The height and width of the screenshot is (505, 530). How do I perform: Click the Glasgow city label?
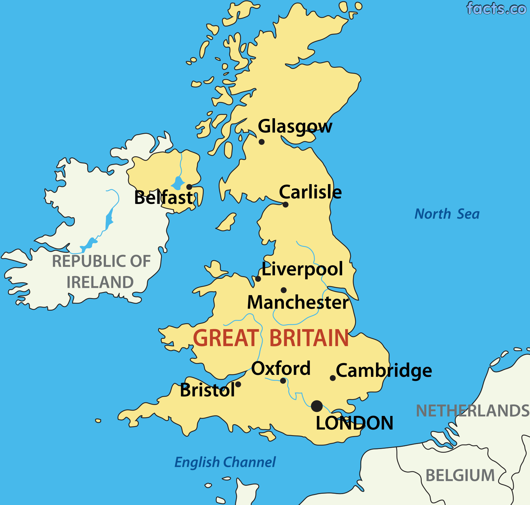295,126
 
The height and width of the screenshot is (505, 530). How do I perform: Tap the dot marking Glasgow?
261,142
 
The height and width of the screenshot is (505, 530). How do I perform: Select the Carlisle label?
310,192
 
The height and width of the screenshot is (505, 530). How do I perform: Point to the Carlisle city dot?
286,205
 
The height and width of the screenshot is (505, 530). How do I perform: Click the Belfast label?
164,198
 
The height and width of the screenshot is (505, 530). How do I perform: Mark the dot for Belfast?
189,187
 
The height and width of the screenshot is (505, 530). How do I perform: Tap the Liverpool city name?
302,269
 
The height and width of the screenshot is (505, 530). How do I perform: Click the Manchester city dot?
284,290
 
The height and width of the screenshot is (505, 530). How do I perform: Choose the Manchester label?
298,302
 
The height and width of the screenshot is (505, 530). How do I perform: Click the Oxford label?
281,368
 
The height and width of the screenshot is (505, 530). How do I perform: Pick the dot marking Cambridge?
333,378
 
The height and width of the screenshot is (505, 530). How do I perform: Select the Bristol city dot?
238,384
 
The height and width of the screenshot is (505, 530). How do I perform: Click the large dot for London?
317,406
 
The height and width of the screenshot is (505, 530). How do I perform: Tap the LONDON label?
354,423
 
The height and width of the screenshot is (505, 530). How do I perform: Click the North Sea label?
447,214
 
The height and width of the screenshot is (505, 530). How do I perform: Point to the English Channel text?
225,462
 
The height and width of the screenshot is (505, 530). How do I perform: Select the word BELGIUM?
460,476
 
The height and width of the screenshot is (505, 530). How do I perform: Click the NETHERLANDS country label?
473,411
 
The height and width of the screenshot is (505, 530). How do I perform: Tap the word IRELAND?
100,282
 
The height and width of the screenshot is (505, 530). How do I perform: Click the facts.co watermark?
496,9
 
